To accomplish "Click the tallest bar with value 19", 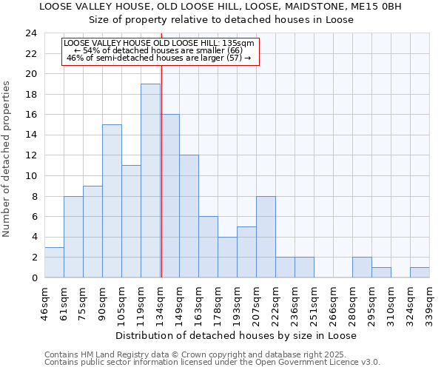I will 150,181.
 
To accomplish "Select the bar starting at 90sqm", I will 112,201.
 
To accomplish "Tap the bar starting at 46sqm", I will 54,262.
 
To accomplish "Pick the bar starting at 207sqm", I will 266,237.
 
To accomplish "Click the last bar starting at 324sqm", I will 420,272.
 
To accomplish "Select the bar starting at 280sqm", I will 362,267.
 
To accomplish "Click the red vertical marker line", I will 161,163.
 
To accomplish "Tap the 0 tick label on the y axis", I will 33,277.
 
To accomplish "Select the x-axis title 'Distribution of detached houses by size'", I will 237,335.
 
